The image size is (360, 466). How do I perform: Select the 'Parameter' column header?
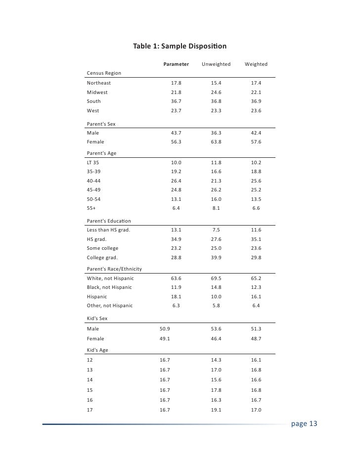176,64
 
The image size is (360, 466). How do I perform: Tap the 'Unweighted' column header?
216,64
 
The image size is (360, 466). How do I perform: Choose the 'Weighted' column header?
256,64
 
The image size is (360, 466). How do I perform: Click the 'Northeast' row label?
99,83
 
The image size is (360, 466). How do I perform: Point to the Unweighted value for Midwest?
216,93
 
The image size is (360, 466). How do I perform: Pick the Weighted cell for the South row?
256,101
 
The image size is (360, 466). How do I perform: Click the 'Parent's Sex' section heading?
101,124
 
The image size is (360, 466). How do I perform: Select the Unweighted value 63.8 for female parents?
216,142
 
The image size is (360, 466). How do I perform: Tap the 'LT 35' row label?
93,162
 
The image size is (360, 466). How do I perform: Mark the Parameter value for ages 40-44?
176,181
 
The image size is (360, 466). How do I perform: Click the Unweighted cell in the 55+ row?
216,209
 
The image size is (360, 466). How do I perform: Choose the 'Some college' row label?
103,248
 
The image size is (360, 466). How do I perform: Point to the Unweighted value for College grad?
216,258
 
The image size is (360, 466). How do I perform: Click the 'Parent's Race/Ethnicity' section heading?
115,269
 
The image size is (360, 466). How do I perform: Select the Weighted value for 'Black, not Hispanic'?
256,287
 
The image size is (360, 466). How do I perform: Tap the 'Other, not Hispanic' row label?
110,306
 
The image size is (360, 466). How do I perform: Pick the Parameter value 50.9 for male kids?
165,328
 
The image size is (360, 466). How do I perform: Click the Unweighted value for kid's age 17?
216,410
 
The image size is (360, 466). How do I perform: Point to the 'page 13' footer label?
304,424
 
